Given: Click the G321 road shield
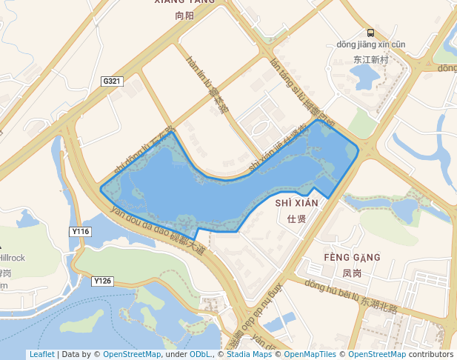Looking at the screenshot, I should point(113,81).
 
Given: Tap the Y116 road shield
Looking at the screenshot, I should point(81,232).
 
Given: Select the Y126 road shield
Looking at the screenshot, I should point(103,281).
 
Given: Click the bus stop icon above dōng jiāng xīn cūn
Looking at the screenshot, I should point(370,33).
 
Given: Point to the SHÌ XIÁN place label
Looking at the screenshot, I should point(296,203).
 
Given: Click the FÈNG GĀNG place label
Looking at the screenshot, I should point(352,258).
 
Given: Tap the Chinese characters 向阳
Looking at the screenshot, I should point(184,15).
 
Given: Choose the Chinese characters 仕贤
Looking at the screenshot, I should point(296,217).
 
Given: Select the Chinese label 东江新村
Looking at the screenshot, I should point(370,59).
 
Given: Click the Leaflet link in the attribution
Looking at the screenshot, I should point(41,354).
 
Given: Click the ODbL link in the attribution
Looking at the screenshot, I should point(201,354).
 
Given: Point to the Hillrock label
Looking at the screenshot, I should point(13,258).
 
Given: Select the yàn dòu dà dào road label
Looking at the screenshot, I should point(156,229).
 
